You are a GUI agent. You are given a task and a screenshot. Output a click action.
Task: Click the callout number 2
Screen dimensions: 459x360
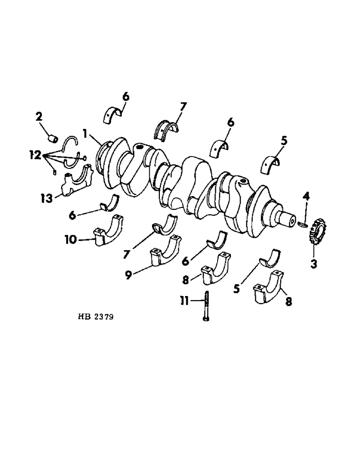click(x=39, y=118)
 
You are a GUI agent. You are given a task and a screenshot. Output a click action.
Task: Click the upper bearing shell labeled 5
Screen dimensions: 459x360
click(x=272, y=166)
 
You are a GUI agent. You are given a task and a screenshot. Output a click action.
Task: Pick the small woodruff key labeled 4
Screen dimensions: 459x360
click(x=302, y=224)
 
